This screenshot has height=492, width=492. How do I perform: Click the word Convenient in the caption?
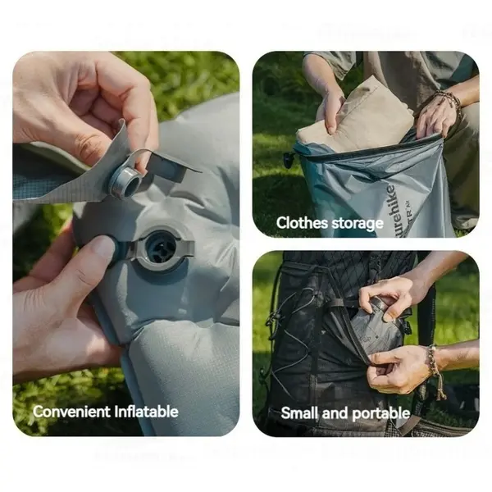[68, 411]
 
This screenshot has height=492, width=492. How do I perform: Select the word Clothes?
[302, 223]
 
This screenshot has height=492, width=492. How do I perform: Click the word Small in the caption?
[299, 413]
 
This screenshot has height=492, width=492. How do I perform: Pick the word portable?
[380, 413]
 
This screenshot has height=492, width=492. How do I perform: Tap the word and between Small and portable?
[335, 413]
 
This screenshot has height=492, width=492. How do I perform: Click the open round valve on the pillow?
[160, 245]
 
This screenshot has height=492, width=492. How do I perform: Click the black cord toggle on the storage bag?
[289, 159]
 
